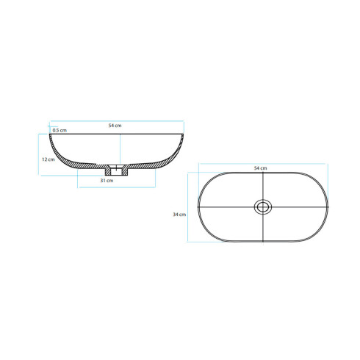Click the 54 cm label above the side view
click(x=115, y=126)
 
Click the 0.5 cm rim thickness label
click(x=60, y=130)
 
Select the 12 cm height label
click(x=48, y=159)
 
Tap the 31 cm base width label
click(x=107, y=181)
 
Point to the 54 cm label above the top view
click(x=260, y=168)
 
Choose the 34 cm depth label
click(x=179, y=215)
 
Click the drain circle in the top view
click(x=263, y=207)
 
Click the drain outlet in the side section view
click(x=117, y=170)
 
